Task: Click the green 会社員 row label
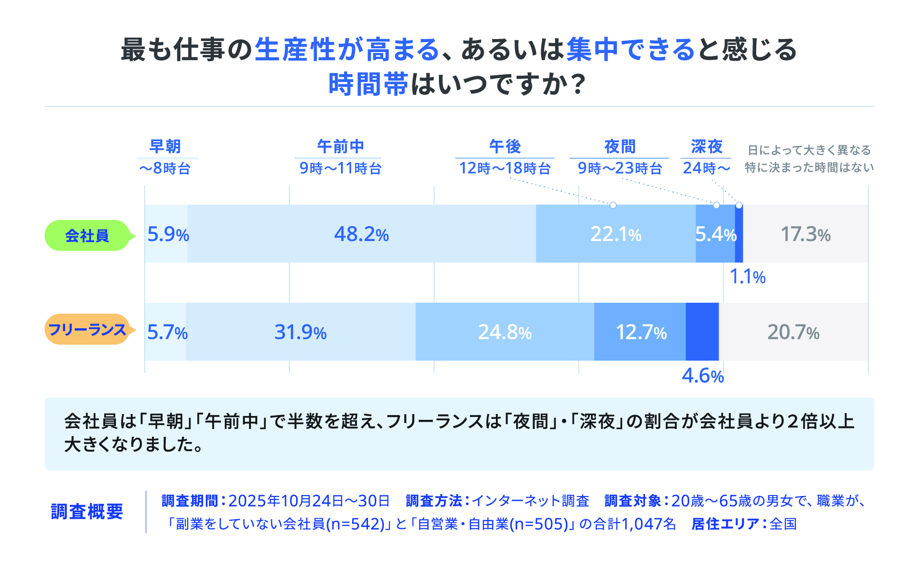pos(87,236)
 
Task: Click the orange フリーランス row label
pos(87,330)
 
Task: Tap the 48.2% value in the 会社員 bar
pos(361,234)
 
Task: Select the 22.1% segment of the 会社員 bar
pos(615,234)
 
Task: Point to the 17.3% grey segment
pos(806,234)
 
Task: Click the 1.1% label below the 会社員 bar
pos(747,277)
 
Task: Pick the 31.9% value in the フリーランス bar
pos(300,332)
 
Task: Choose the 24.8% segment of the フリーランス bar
pos(505,332)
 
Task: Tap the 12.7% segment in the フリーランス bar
pos(641,332)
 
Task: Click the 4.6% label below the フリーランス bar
pos(702,376)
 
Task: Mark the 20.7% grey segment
pos(793,332)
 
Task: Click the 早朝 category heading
pos(165,146)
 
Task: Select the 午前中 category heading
pos(341,146)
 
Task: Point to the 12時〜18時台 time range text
pos(505,168)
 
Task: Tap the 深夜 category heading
pos(707,146)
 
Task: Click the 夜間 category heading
pos(620,146)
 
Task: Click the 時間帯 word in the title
pos(369,84)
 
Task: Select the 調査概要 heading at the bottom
pos(87,511)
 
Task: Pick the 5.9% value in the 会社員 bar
pos(167,234)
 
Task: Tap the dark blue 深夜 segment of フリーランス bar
pos(702,332)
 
